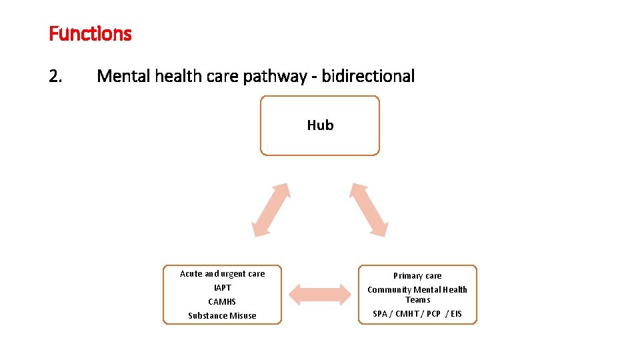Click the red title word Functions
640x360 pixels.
pyautogui.click(x=90, y=33)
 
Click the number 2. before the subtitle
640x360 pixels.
pyautogui.click(x=56, y=76)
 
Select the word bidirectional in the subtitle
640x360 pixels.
pyautogui.click(x=368, y=76)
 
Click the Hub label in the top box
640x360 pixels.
pyautogui.click(x=320, y=125)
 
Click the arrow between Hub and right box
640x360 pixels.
pyautogui.click(x=369, y=209)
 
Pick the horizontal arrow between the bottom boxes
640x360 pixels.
pyautogui.click(x=320, y=295)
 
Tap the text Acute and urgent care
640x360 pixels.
pyautogui.click(x=222, y=274)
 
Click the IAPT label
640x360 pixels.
pyautogui.click(x=222, y=288)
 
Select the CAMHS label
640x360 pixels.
pyautogui.click(x=222, y=302)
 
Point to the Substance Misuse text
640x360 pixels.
pyautogui.click(x=222, y=316)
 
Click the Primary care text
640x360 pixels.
pyautogui.click(x=417, y=276)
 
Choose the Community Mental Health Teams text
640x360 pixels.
pyautogui.click(x=417, y=295)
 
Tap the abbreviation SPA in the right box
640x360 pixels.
pyautogui.click(x=380, y=314)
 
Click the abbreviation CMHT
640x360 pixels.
pyautogui.click(x=407, y=314)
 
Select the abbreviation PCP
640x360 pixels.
pyautogui.click(x=433, y=314)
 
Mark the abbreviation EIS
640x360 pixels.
pyautogui.click(x=456, y=314)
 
